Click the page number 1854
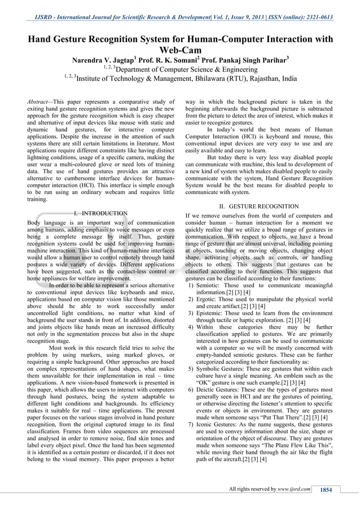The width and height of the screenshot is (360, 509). [x=326, y=489]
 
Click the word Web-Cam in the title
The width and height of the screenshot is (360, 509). [x=180, y=49]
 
